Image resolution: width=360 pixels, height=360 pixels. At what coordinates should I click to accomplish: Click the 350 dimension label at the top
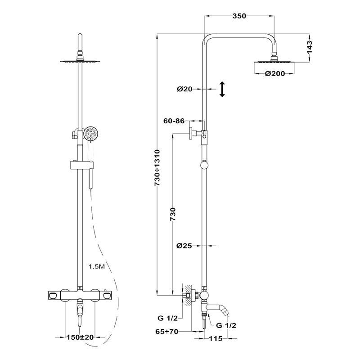point(239,16)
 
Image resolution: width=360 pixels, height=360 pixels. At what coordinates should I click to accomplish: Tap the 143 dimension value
point(310,47)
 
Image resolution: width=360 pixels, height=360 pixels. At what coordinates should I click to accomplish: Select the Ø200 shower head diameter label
point(274,74)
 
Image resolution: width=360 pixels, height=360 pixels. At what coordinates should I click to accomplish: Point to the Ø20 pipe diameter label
point(184,89)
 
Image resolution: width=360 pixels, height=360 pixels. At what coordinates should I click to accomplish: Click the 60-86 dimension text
point(174,121)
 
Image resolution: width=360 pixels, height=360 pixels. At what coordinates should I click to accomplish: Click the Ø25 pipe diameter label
point(184,246)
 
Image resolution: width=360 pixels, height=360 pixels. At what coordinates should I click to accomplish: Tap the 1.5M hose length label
point(97,266)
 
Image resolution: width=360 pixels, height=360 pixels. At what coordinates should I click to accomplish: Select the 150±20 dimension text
point(80,337)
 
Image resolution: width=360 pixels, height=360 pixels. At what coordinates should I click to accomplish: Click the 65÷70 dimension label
point(166,332)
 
